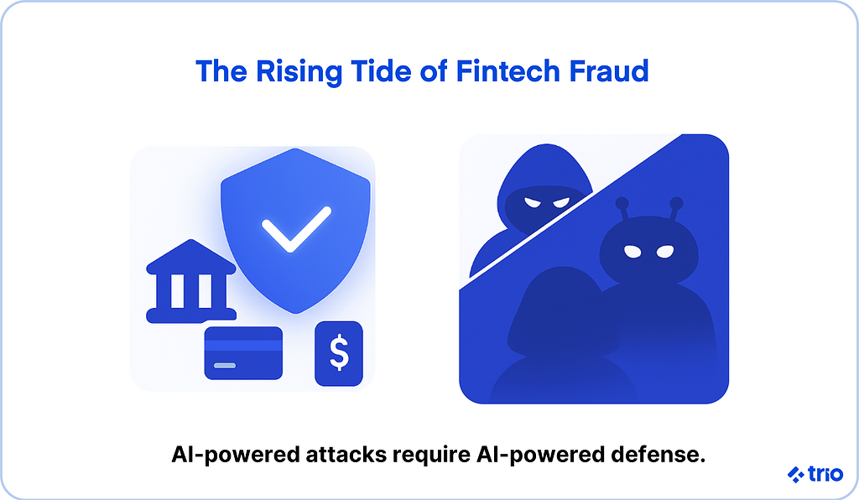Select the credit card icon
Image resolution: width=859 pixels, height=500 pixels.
243,352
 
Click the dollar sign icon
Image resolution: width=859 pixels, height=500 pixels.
338,353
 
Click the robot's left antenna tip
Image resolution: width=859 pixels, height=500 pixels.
622,202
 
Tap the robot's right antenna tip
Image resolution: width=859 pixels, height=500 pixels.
676,202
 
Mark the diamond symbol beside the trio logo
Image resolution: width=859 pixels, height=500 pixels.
796,476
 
